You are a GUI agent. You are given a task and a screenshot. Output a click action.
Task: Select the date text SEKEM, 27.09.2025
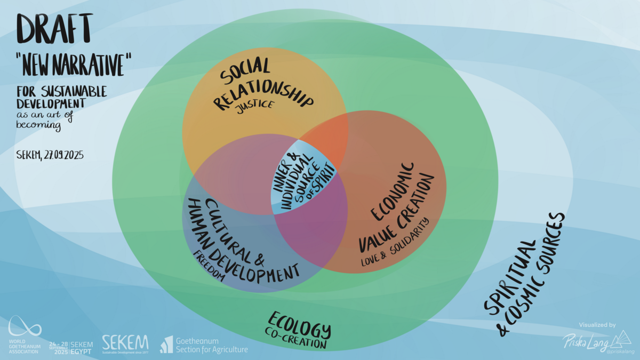pos(50,155)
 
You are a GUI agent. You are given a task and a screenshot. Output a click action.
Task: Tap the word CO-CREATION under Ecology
pos(295,339)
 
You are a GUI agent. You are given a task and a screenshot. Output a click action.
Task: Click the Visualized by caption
pos(597,325)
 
